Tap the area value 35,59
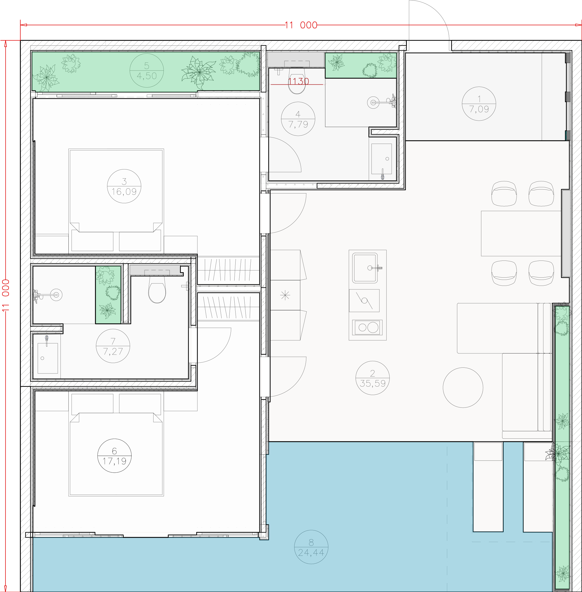click(x=373, y=383)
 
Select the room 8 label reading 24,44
click(x=311, y=553)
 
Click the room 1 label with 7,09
click(x=479, y=109)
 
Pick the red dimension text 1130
click(x=299, y=81)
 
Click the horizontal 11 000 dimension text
click(x=301, y=25)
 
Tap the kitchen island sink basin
click(x=365, y=268)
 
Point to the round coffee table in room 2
click(x=463, y=387)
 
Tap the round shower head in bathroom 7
click(x=56, y=295)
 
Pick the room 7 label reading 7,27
click(x=113, y=351)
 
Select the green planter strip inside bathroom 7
click(x=108, y=295)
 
